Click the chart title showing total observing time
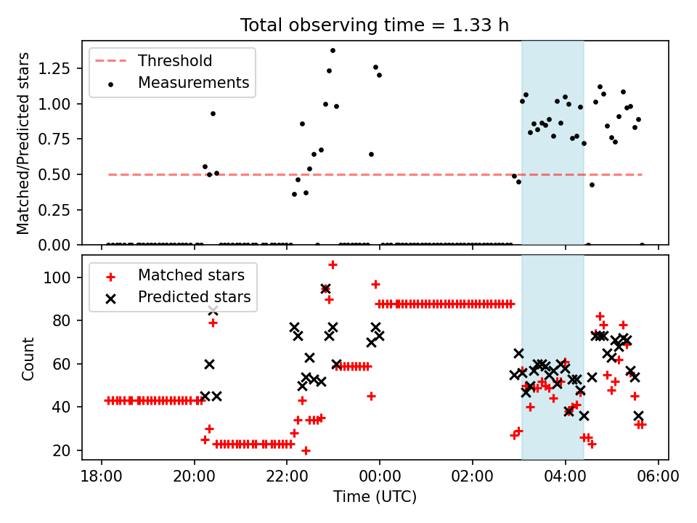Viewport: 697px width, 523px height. pos(375,25)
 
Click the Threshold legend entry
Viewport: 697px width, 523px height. pos(154,60)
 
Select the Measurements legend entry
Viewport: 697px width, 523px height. pos(178,83)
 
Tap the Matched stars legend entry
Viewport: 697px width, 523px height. pos(175,275)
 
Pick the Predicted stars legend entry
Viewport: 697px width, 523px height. pos(178,297)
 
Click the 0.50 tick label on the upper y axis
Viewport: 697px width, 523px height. pos(54,174)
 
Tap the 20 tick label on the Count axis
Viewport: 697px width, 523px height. pos(62,450)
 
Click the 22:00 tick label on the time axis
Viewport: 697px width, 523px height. pos(287,477)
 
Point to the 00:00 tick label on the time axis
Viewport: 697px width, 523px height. pos(380,477)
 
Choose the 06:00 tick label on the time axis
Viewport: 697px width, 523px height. pos(658,477)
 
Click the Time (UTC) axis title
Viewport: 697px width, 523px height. pos(375,496)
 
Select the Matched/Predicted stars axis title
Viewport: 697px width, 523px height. pos(23,143)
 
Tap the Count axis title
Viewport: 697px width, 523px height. pos(28,359)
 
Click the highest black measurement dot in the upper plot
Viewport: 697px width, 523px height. pos(333,51)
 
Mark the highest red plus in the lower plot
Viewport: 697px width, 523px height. pos(333,265)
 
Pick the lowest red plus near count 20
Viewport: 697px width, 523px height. pos(306,451)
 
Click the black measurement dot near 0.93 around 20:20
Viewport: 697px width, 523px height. pos(213,114)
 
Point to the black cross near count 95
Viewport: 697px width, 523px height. pos(325,289)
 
